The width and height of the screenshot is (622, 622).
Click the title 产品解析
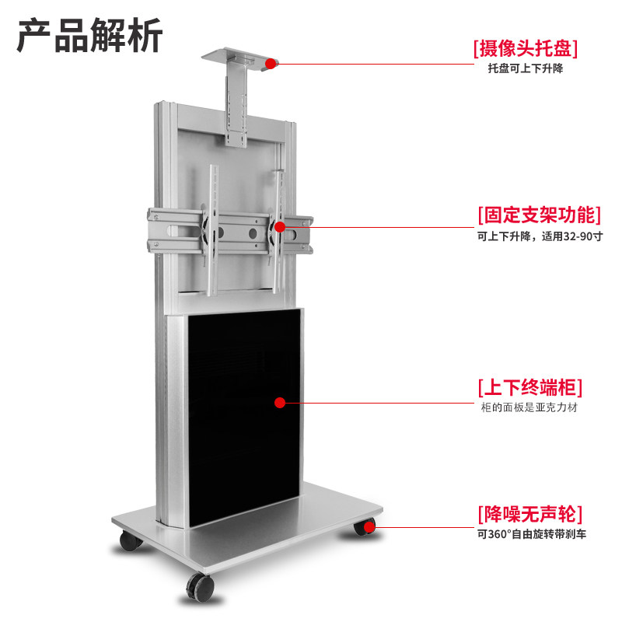[90, 37]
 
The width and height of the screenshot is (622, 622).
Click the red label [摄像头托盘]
[526, 49]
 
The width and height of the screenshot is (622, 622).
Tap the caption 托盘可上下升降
[525, 69]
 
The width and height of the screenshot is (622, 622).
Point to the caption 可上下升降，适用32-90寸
[540, 236]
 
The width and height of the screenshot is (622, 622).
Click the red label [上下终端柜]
[529, 387]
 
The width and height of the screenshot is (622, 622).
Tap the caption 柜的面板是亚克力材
[529, 407]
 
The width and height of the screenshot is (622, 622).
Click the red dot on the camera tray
[271, 63]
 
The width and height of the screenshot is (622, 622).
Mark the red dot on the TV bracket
[280, 227]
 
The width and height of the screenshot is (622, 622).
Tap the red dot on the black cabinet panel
[281, 402]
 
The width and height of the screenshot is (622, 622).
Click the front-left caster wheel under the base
[128, 541]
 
